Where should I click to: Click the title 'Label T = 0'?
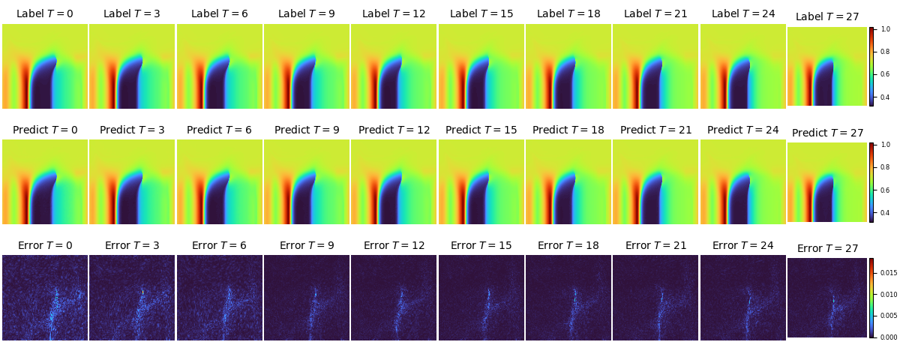tap(45, 13)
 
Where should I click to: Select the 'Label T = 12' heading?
tap(394, 13)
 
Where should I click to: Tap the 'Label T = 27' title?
tap(827, 16)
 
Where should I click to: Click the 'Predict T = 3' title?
tap(132, 130)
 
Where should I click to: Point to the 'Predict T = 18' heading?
tap(568, 130)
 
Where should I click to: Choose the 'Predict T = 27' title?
tap(827, 133)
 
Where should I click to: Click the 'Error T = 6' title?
tap(219, 245)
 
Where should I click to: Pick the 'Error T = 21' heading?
tap(655, 245)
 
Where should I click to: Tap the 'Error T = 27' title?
tap(827, 248)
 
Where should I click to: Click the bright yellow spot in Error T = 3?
tap(142, 292)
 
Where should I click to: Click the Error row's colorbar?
tap(871, 298)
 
